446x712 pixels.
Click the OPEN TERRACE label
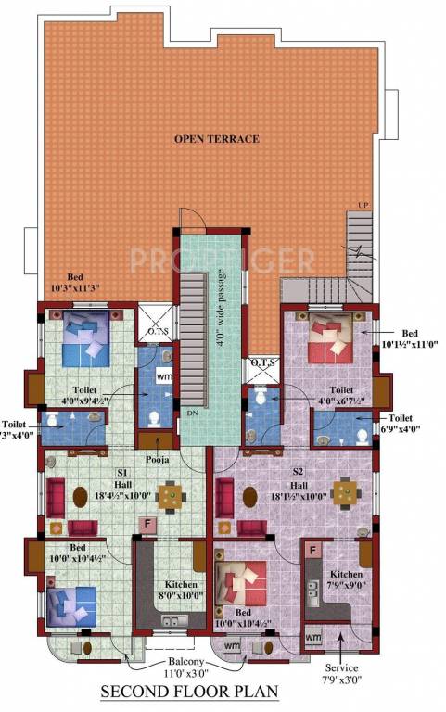click(216, 139)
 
